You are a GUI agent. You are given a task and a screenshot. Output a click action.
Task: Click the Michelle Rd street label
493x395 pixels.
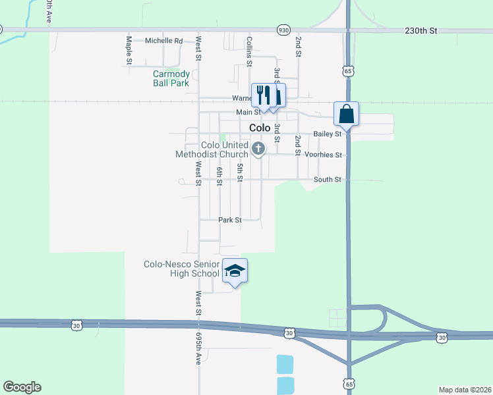pyautogui.click(x=163, y=40)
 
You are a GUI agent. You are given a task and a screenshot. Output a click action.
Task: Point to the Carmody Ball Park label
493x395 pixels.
pyautogui.click(x=171, y=78)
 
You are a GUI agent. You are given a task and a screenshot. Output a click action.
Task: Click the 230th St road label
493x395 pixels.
pyautogui.click(x=421, y=31)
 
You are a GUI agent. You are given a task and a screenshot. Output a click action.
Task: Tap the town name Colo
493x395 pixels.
pyautogui.click(x=260, y=128)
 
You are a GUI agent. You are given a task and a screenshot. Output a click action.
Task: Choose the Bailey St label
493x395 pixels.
pyautogui.click(x=327, y=134)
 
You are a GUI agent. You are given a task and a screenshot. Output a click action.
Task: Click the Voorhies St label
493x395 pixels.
pyautogui.click(x=323, y=155)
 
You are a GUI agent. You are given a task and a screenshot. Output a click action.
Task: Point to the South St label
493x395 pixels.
pyautogui.click(x=327, y=179)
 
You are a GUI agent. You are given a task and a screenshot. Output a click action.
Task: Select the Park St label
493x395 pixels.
pyautogui.click(x=230, y=220)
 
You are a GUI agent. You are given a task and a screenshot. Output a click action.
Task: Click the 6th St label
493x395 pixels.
pyautogui.click(x=219, y=176)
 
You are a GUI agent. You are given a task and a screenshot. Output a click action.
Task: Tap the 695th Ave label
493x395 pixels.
pyautogui.click(x=198, y=348)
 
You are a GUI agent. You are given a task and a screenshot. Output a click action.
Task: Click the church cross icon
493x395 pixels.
pyautogui.click(x=259, y=149)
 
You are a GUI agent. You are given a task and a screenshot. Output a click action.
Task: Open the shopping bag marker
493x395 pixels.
pyautogui.click(x=346, y=115)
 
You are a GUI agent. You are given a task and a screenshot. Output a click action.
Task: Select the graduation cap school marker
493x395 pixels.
pyautogui.click(x=235, y=271)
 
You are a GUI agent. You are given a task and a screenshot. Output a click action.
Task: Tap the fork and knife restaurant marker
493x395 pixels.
pyautogui.click(x=262, y=95)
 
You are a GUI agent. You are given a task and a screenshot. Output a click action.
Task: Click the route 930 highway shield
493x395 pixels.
pyautogui.click(x=283, y=30)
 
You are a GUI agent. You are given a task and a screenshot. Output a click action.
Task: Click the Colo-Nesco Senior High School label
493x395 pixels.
pyautogui.click(x=182, y=269)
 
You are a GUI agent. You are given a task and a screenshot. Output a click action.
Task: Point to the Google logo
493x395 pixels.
pyautogui.click(x=22, y=387)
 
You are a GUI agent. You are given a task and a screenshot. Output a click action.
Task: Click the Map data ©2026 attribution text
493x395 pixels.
pyautogui.click(x=465, y=390)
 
